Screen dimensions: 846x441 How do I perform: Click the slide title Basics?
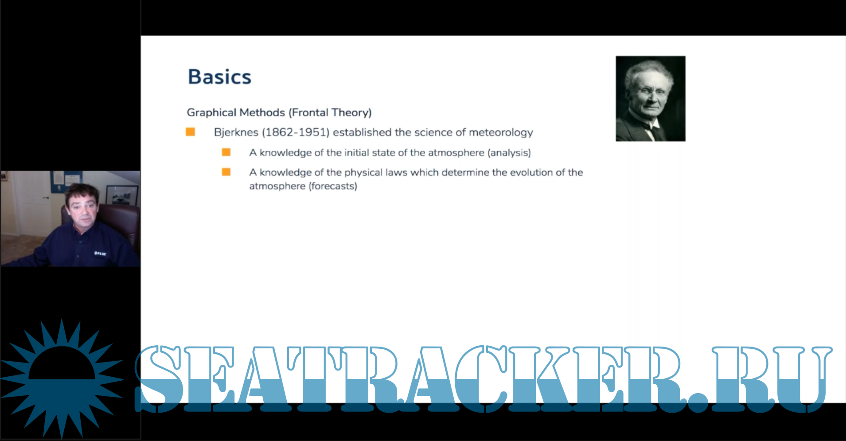(219, 76)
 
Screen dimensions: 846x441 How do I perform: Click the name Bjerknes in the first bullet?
(236, 133)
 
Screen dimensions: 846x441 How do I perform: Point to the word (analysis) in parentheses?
(509, 153)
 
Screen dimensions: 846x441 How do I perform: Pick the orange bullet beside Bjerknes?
(191, 132)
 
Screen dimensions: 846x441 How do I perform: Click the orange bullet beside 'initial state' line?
(226, 152)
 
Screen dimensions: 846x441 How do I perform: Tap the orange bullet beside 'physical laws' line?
(226, 172)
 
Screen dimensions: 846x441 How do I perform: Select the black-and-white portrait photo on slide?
(651, 99)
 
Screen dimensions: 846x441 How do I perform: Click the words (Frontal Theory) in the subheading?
(330, 113)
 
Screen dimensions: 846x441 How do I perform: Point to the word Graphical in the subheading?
(211, 113)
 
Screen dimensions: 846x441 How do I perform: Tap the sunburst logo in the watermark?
(62, 379)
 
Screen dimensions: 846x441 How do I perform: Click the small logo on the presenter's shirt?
(100, 254)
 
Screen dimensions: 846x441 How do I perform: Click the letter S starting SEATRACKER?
(159, 379)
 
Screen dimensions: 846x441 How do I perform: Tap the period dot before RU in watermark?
(698, 402)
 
